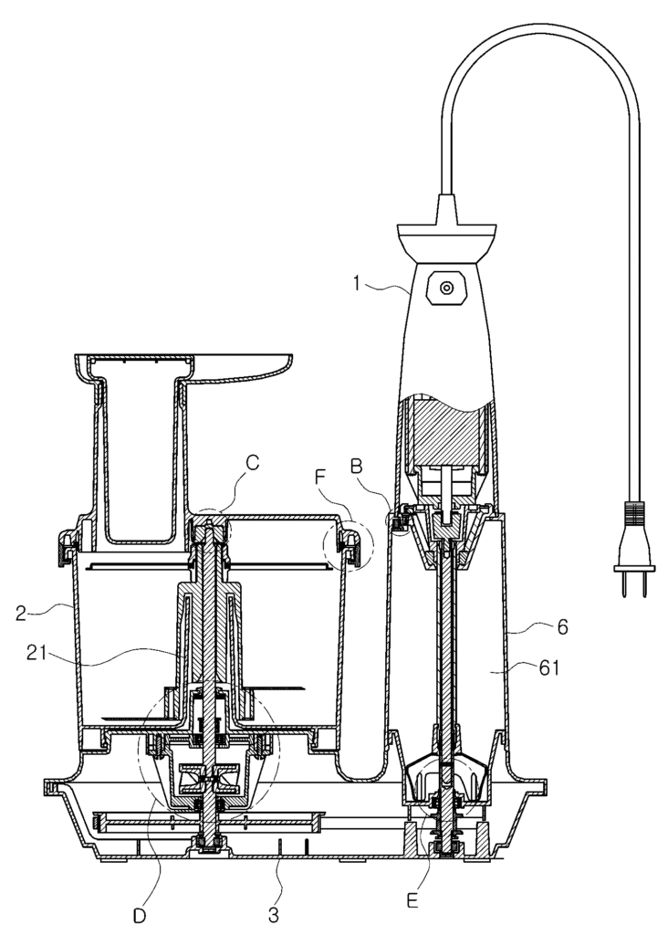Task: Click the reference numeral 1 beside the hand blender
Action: pos(357,283)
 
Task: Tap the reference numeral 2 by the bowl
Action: pos(22,613)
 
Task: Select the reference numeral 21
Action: pos(37,652)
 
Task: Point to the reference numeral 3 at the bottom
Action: pos(274,913)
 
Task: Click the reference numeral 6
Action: pos(562,626)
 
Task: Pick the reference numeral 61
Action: pos(548,667)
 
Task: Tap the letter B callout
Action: pos(357,467)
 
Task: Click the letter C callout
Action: pos(253,463)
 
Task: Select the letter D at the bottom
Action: pos(139,916)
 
